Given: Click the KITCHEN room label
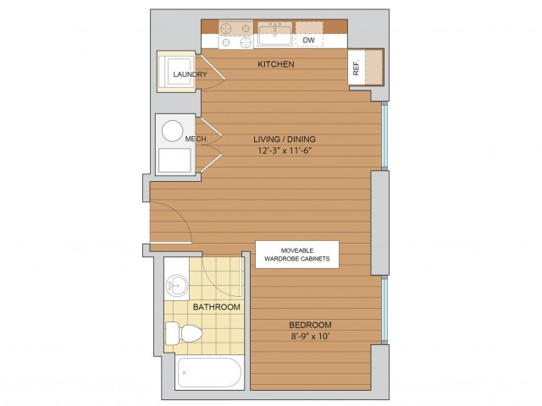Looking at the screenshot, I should pyautogui.click(x=277, y=64).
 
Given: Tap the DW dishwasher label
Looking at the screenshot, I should pyautogui.click(x=309, y=39).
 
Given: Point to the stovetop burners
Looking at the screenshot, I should pyautogui.click(x=236, y=36).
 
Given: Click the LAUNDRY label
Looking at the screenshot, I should pyautogui.click(x=190, y=75).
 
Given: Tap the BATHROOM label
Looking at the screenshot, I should pyautogui.click(x=216, y=307).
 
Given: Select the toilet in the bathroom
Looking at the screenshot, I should pyautogui.click(x=180, y=332).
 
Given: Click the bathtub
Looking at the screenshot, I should pyautogui.click(x=211, y=372).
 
